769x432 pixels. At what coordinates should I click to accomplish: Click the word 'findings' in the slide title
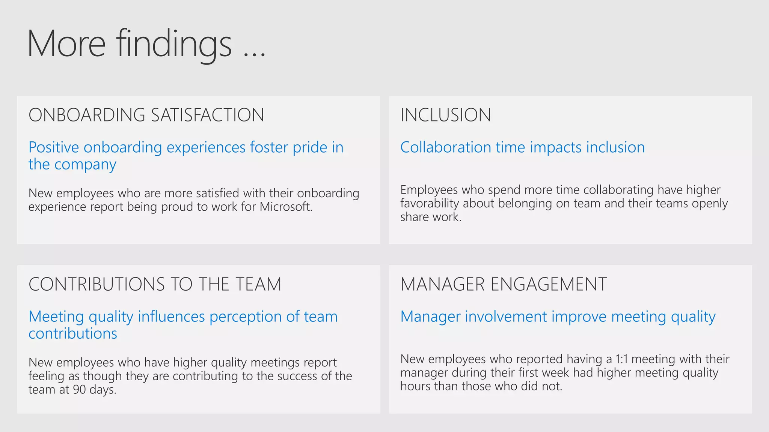173,44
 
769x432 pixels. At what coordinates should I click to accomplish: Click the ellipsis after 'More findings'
254,55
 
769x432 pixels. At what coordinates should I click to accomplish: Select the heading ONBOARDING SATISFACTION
146,115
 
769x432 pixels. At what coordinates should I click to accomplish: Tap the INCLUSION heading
445,115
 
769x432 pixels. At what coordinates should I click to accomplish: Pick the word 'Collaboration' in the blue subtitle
445,147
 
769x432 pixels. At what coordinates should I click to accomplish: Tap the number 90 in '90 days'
79,390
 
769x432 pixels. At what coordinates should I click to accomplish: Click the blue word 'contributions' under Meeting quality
73,334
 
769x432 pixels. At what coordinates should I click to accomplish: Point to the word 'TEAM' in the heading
258,284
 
